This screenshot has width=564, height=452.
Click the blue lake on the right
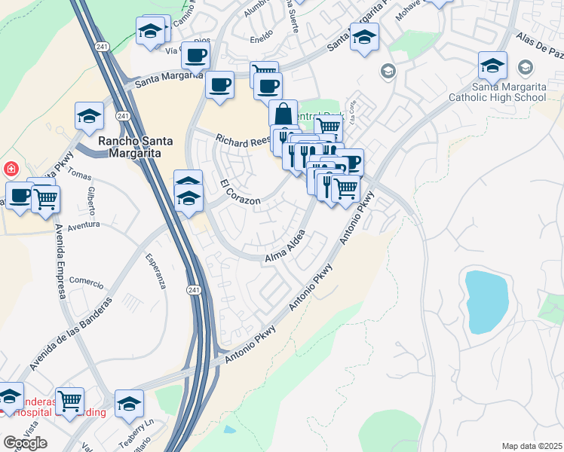[488, 300]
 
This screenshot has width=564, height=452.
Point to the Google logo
[25, 442]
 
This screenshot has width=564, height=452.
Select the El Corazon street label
[240, 193]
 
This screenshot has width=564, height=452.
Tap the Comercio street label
[85, 282]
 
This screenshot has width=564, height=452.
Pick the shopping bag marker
[283, 115]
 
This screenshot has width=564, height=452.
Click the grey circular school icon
[388, 72]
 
